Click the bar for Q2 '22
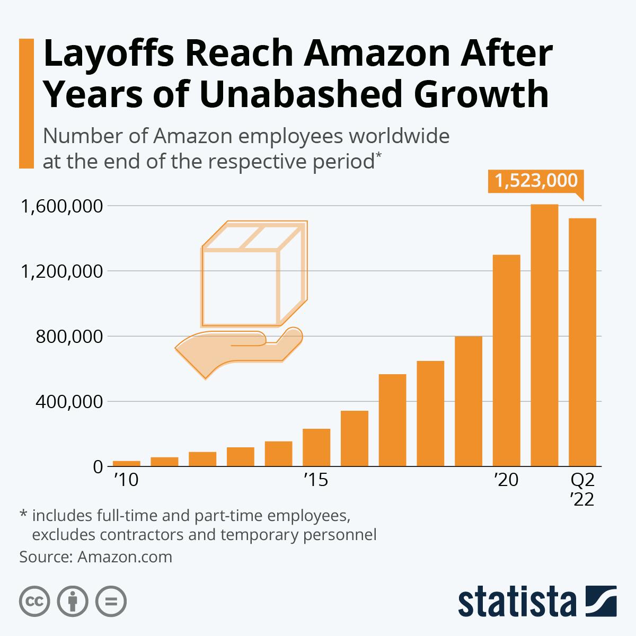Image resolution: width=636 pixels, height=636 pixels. pos(582,342)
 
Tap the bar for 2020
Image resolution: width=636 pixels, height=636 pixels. pos(506,360)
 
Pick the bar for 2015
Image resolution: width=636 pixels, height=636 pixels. pos(316,447)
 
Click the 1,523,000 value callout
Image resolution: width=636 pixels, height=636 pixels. pos(535,181)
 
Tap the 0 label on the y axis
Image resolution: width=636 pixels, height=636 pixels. pos(97,467)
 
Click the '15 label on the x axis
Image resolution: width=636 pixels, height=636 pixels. pos(316,480)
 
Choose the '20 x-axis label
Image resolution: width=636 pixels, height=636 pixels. pos(506,480)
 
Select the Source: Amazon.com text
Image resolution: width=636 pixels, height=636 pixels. pos(96,557)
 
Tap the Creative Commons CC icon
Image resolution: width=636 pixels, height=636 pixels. pos(34,602)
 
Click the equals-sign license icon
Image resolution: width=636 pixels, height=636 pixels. pos(111,602)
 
